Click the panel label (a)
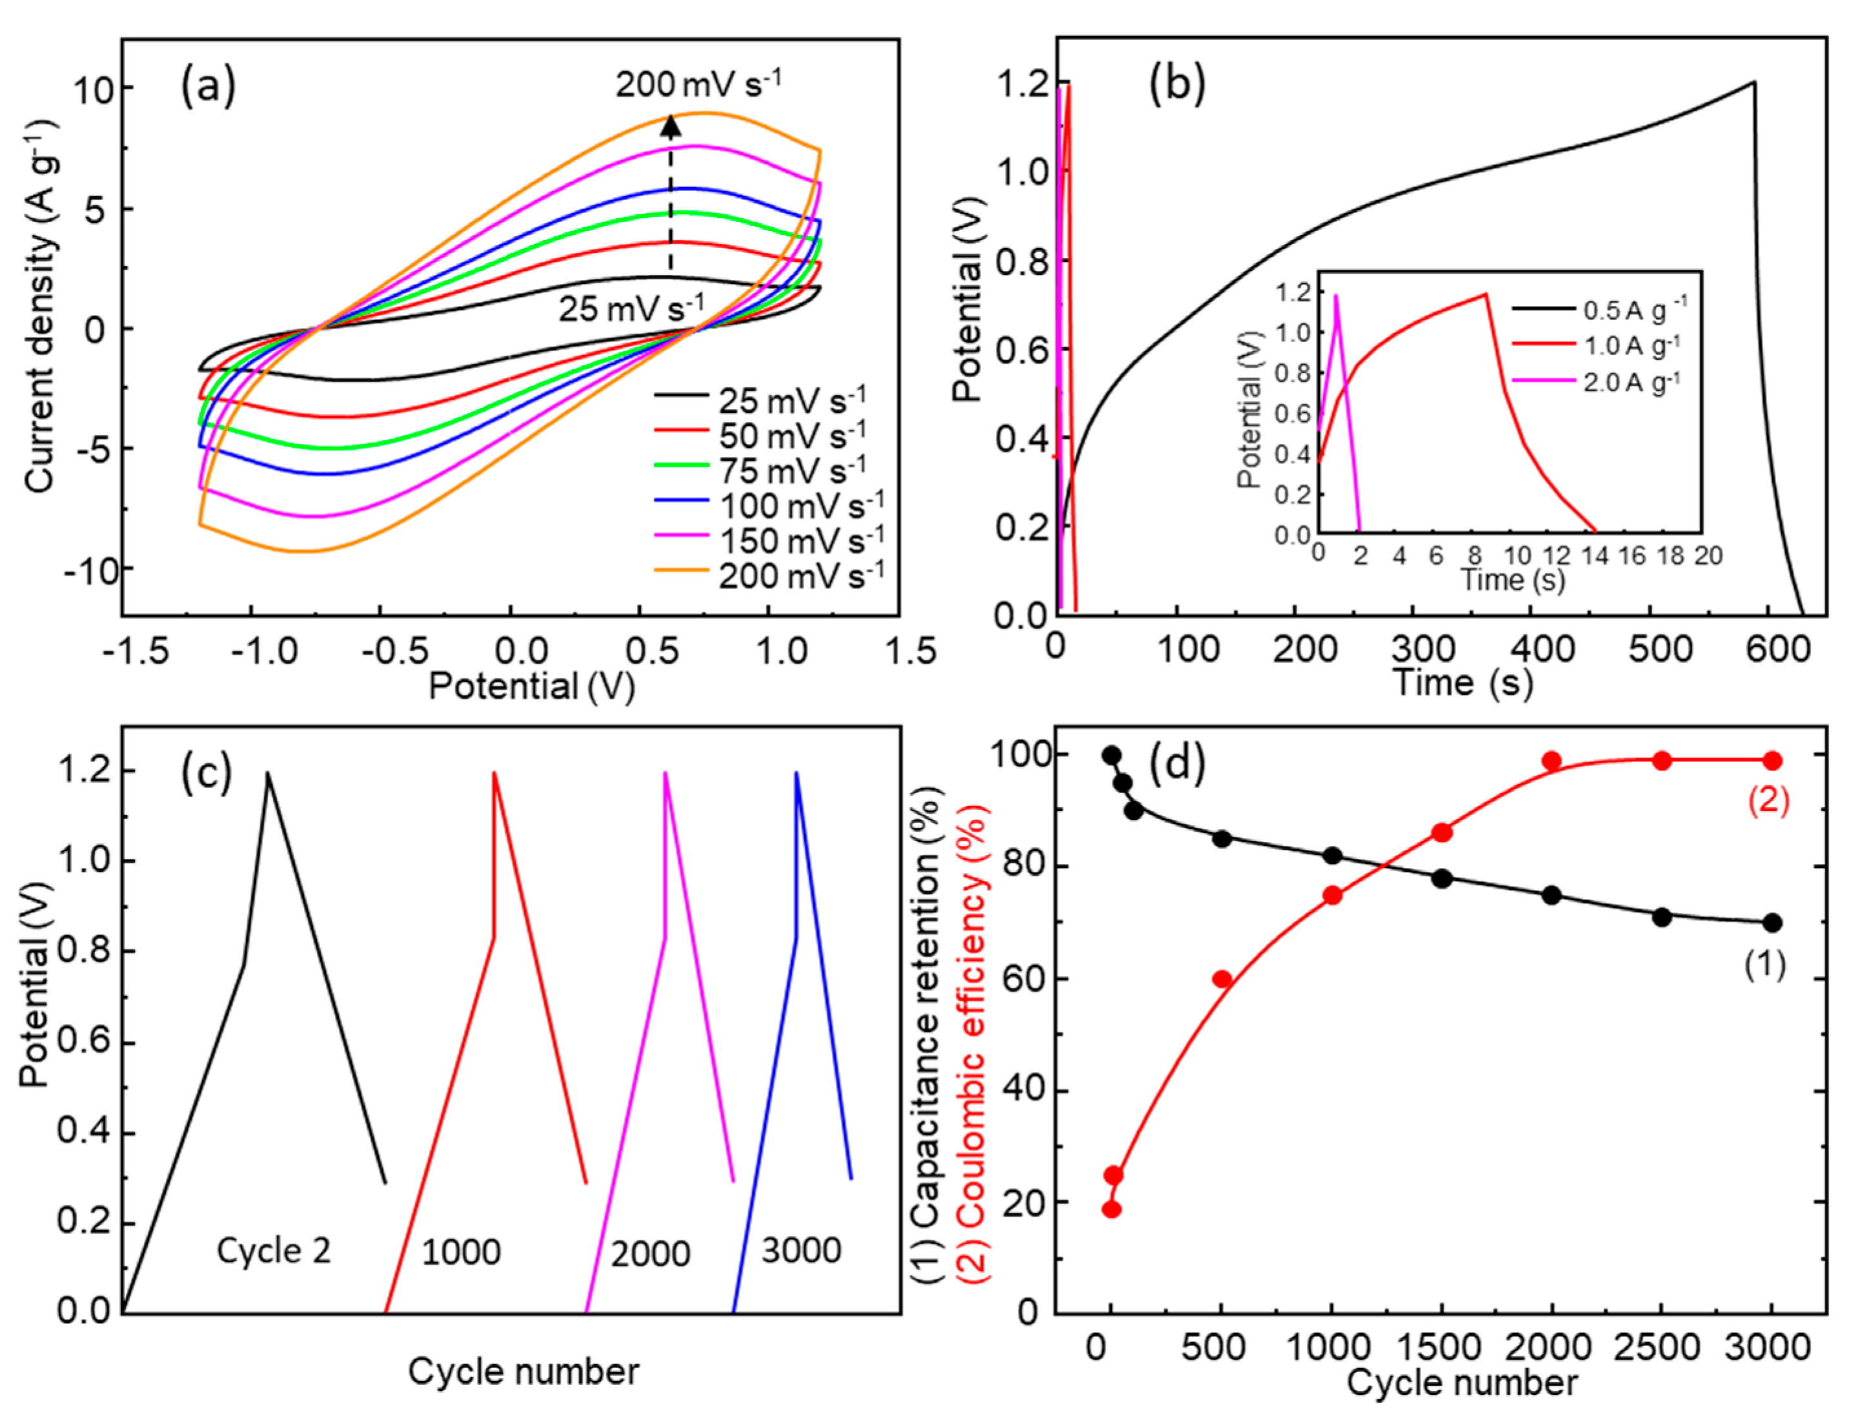(x=208, y=87)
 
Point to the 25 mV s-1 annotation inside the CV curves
(x=630, y=308)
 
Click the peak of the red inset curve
(x=1485, y=294)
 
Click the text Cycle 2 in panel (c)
(x=274, y=1251)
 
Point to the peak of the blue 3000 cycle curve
(x=796, y=773)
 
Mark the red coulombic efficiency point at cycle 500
(x=1222, y=979)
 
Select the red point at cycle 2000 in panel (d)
(x=1552, y=761)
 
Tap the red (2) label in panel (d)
(x=1768, y=800)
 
